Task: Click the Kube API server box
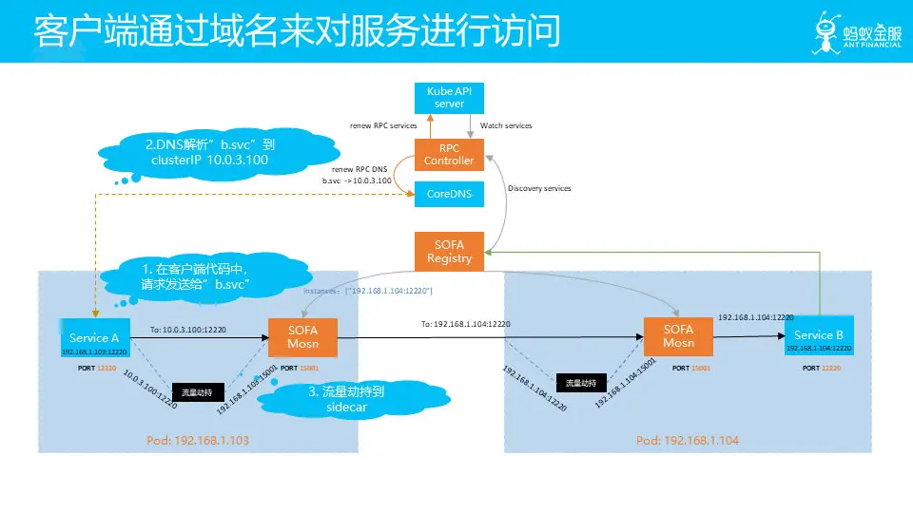pyautogui.click(x=449, y=97)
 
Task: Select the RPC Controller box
pyautogui.click(x=449, y=154)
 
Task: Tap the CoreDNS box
pyautogui.click(x=449, y=193)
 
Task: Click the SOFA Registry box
pyautogui.click(x=449, y=252)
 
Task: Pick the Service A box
pyautogui.click(x=95, y=338)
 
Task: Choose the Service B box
pyautogui.click(x=819, y=335)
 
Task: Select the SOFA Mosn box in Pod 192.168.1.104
pyautogui.click(x=678, y=336)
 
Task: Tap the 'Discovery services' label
pyautogui.click(x=539, y=188)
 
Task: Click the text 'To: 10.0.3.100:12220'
pyautogui.click(x=195, y=331)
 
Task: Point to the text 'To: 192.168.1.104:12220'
pyautogui.click(x=466, y=324)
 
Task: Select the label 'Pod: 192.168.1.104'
pyautogui.click(x=687, y=441)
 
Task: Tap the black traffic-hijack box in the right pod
pyautogui.click(x=581, y=383)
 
